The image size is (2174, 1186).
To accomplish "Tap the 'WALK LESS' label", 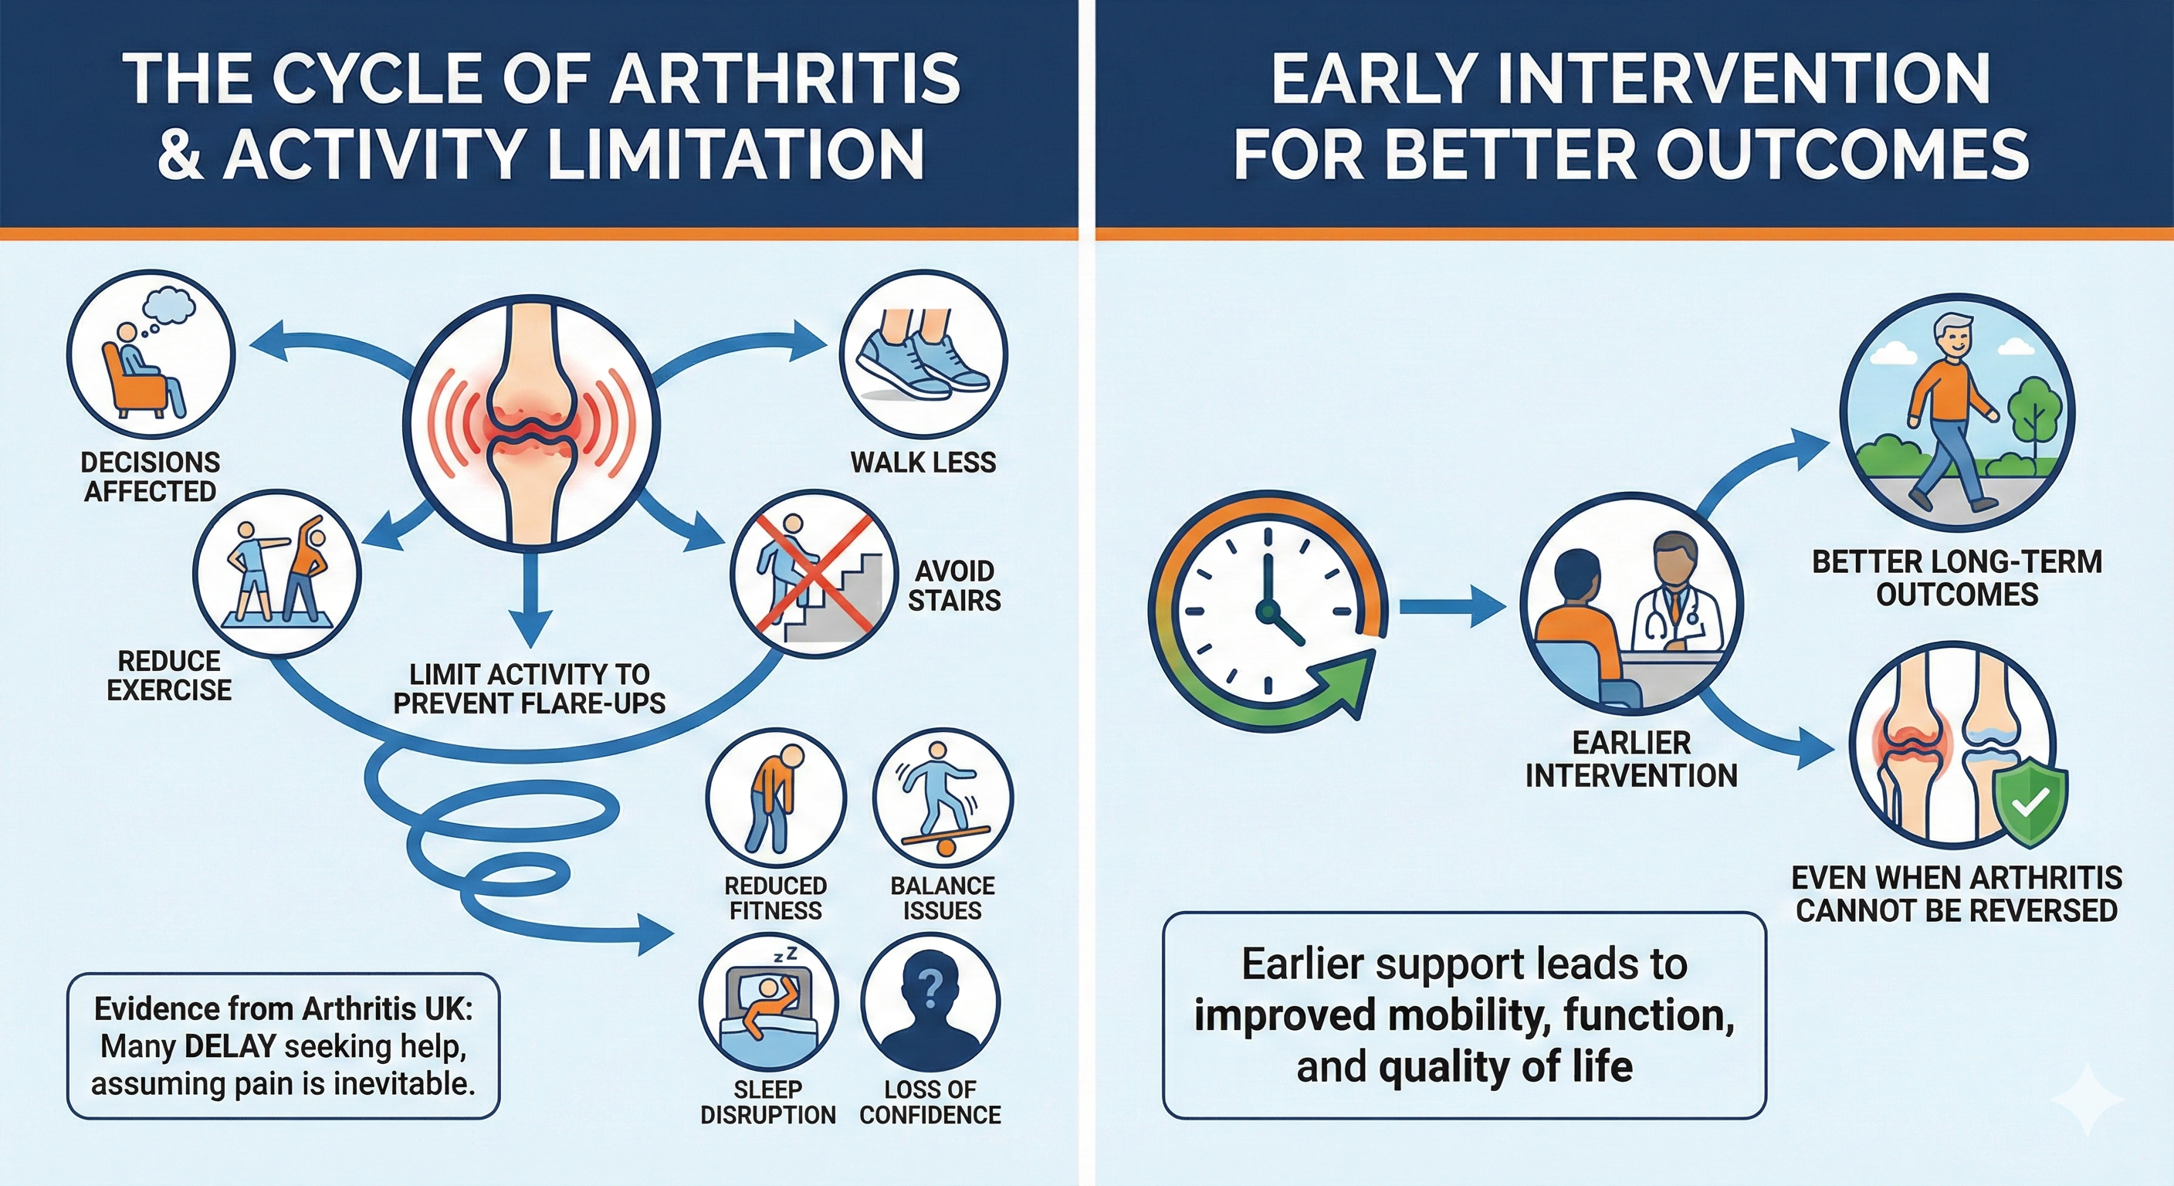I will point(923,463).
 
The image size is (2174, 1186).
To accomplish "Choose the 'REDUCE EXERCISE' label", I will point(169,676).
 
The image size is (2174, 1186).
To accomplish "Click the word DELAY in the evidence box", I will point(229,1047).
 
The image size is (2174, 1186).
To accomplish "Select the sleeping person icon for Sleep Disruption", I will point(764,1005).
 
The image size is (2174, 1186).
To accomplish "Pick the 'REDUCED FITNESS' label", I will point(775,898).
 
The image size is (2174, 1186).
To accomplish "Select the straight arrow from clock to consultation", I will point(1451,606).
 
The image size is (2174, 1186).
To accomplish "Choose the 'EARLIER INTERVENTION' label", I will point(1630,759).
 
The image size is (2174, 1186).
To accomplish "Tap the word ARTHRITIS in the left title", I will point(785,79).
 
